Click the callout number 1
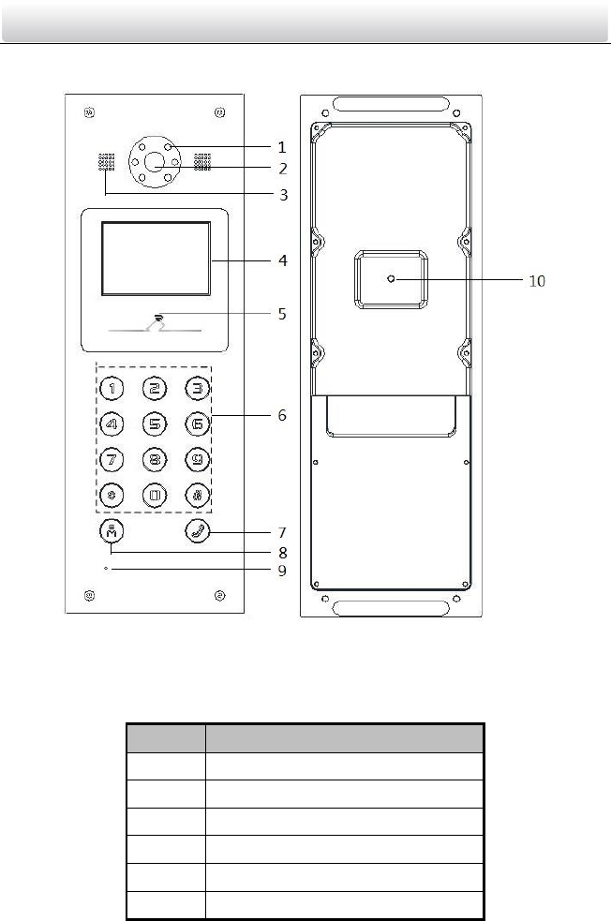[282, 147]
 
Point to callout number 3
[284, 195]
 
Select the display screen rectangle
[156, 259]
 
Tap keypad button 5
[155, 423]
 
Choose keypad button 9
[198, 459]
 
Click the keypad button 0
[155, 495]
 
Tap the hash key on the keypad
[198, 495]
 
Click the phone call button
[198, 531]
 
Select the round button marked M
[112, 531]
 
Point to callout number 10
[537, 281]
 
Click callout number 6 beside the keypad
[282, 415]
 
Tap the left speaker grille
[106, 162]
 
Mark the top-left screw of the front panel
[89, 112]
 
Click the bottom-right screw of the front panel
[219, 596]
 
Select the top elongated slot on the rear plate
[390, 105]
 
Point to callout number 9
[282, 571]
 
